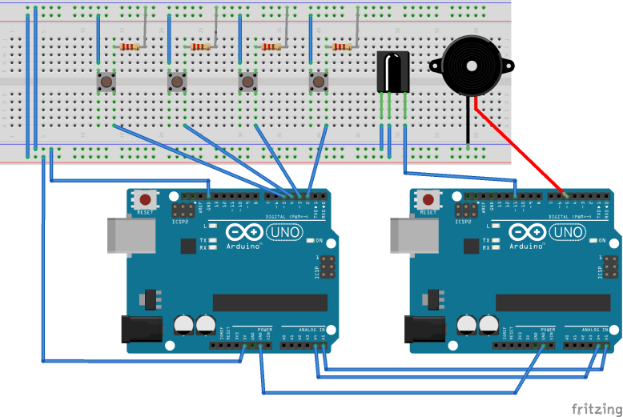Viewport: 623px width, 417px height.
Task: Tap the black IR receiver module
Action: [x=392, y=72]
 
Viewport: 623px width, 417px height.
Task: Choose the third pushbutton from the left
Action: [x=248, y=82]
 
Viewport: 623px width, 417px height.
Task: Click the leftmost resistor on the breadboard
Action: [x=128, y=47]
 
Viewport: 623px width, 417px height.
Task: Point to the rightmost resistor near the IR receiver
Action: [x=343, y=47]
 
